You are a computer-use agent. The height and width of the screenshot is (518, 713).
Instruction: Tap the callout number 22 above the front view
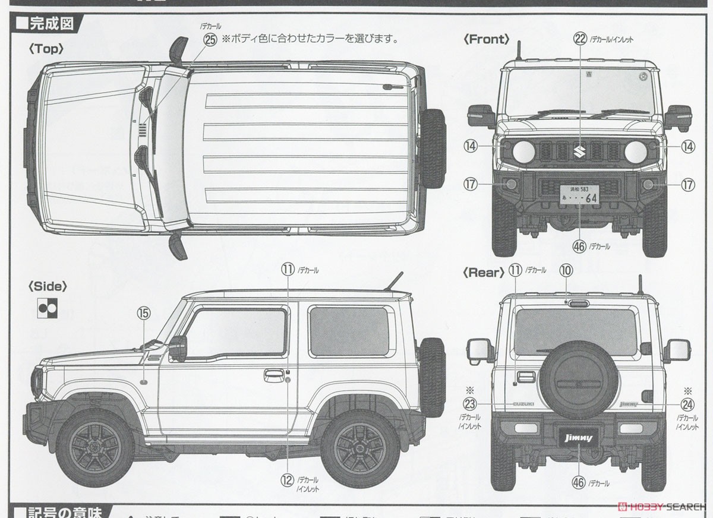tap(580, 39)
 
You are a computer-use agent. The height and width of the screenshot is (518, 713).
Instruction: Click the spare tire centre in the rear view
tap(572, 379)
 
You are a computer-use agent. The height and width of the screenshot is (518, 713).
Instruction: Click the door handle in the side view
tap(274, 375)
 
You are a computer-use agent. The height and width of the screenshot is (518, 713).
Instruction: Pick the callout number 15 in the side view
tap(144, 312)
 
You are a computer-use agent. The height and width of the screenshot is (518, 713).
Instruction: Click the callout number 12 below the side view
tap(288, 480)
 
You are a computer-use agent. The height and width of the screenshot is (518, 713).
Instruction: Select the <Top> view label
tap(46, 49)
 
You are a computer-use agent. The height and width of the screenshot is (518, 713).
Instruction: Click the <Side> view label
tap(48, 286)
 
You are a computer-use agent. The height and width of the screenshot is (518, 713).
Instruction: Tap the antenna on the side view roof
tap(393, 281)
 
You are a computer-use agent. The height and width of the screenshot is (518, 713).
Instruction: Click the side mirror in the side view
tap(178, 348)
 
